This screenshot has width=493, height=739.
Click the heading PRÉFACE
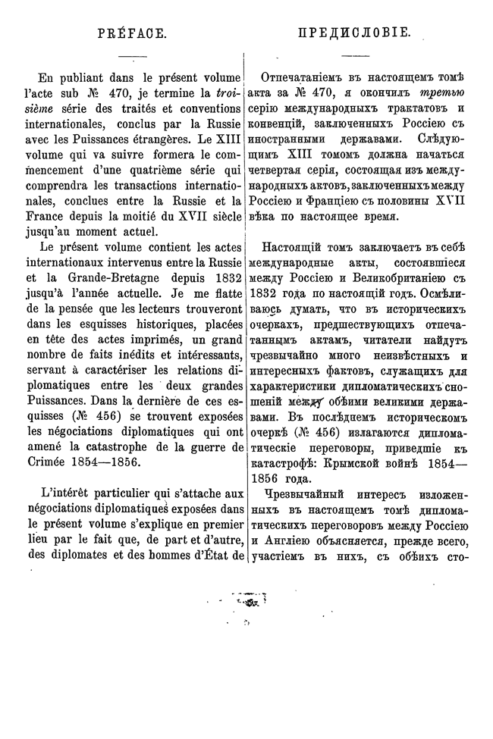132,33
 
